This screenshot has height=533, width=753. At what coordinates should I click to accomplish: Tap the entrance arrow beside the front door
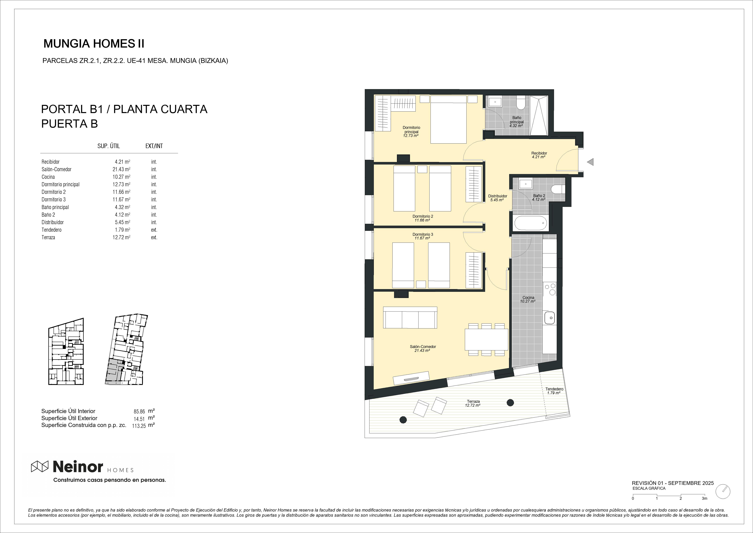point(590,162)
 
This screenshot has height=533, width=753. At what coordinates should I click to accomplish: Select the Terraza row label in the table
point(48,237)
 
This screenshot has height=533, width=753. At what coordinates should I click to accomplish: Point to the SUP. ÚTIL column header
point(109,146)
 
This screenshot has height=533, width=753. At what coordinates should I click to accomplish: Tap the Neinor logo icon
point(40,466)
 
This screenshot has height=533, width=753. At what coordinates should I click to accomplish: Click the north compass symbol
point(723,500)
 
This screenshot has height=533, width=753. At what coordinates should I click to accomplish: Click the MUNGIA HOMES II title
point(94,44)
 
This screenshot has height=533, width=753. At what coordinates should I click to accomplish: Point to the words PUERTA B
point(70,124)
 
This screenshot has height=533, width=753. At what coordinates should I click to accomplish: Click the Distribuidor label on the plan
point(497,196)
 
